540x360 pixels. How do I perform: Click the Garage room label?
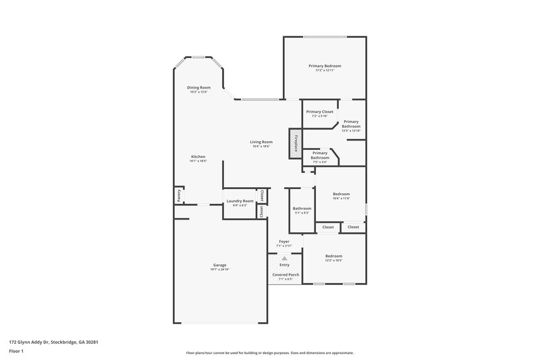(x=220, y=265)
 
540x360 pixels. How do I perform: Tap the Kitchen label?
(x=197, y=157)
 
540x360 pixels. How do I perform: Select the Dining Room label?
(x=199, y=87)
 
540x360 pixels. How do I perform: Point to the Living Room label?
(x=261, y=142)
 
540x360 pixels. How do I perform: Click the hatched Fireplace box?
(x=295, y=144)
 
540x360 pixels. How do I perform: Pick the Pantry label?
(x=179, y=196)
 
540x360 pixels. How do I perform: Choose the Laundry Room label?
(x=240, y=201)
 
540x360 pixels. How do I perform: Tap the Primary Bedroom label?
(x=325, y=66)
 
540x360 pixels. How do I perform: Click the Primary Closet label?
(x=319, y=111)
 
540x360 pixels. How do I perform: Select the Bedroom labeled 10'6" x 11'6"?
(x=342, y=194)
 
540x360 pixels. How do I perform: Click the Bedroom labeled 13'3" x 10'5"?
(x=333, y=256)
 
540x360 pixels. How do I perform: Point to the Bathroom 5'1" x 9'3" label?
(x=302, y=208)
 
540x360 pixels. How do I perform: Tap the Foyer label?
(x=284, y=241)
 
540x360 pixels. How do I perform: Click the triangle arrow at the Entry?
(x=284, y=258)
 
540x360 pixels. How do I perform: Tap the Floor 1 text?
(x=16, y=352)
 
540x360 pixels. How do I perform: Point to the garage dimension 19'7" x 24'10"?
(x=220, y=269)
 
